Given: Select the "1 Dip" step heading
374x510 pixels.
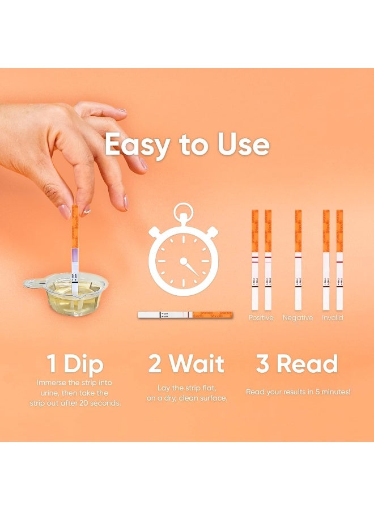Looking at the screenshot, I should pos(75,364).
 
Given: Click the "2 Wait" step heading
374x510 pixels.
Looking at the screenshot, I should pos(186,364).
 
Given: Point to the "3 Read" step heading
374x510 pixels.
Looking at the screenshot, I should pos(296,364).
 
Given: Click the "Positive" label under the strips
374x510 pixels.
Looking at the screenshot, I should pos(261,318).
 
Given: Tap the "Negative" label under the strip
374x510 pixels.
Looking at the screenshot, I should pos(297,318).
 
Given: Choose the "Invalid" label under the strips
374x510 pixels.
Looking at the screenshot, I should pos(333,318).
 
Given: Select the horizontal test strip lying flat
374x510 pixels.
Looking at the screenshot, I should pos(185,314).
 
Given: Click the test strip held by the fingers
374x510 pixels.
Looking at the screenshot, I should pos(74,249).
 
